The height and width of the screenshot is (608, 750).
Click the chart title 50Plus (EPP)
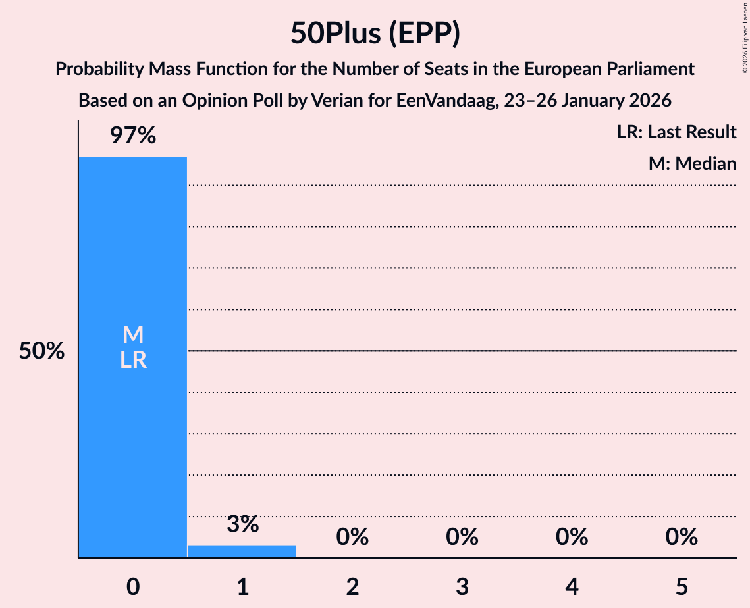tap(375, 34)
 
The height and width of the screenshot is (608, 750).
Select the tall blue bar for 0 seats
tap(133, 428)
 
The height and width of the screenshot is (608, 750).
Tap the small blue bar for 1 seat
tap(242, 551)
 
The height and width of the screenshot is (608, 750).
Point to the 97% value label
tap(133, 136)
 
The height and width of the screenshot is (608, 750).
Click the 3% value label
tap(242, 524)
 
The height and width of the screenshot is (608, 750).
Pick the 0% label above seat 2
tap(352, 537)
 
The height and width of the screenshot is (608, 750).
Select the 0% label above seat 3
tap(462, 537)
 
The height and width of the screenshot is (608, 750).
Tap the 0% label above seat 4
tap(572, 537)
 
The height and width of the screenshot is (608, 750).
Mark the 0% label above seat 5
tap(682, 537)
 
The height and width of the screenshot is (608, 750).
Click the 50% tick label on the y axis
tap(41, 351)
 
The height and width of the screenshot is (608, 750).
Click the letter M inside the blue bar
tap(133, 335)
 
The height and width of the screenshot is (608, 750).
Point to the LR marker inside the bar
tap(133, 360)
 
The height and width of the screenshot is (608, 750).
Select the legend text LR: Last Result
tap(676, 132)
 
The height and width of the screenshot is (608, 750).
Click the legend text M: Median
tap(692, 163)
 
